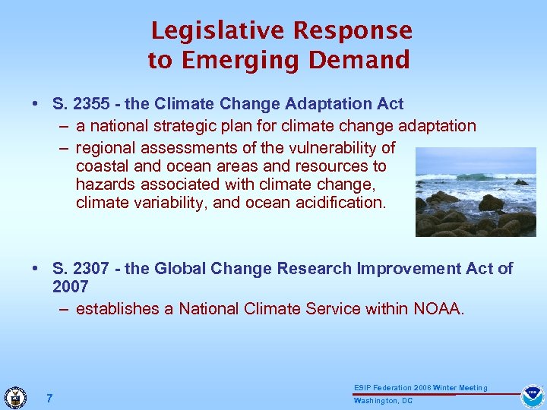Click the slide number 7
click(x=49, y=398)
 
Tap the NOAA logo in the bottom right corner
click(x=532, y=396)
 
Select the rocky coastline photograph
click(x=476, y=191)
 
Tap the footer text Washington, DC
click(x=383, y=401)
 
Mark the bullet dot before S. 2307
click(x=36, y=270)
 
